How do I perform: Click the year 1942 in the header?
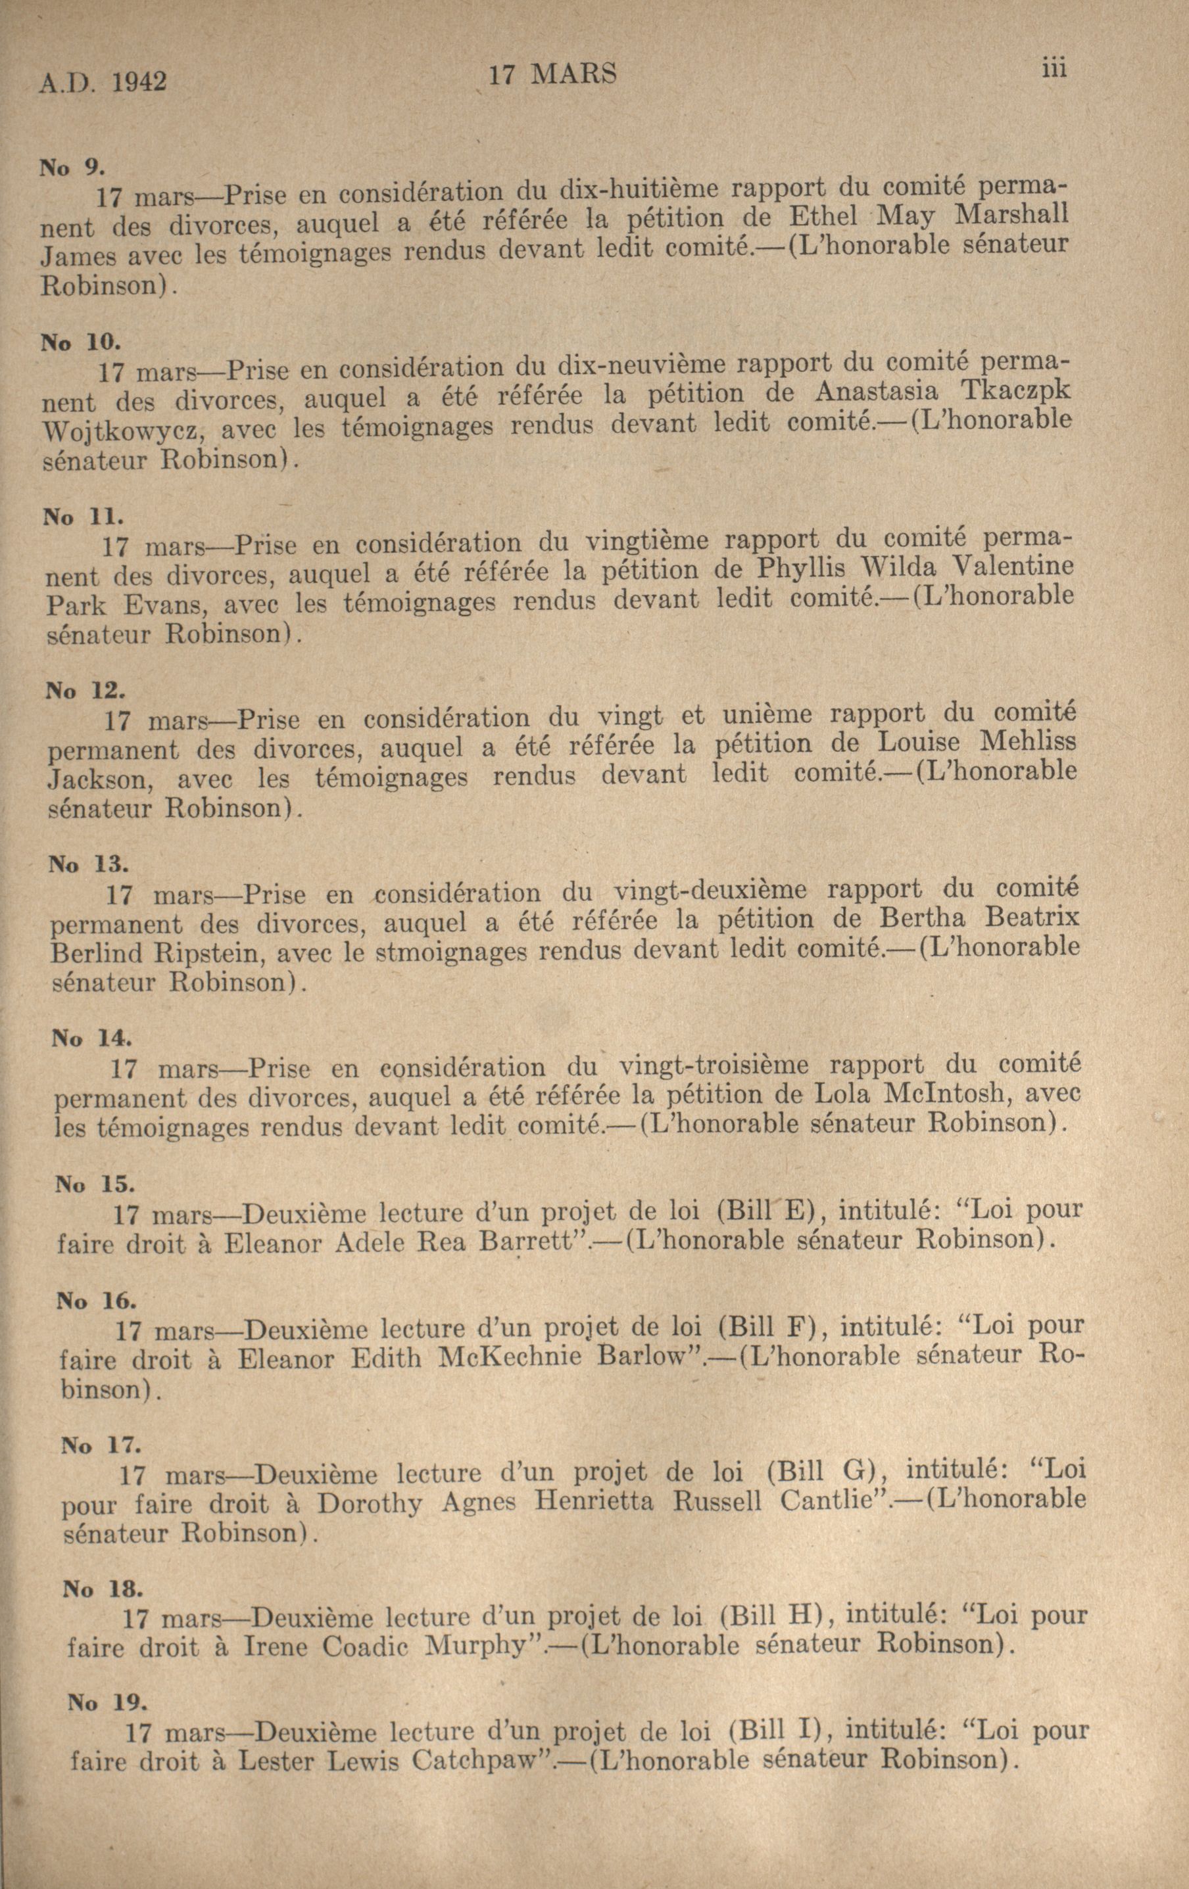tap(139, 82)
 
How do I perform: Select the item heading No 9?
tap(72, 167)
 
